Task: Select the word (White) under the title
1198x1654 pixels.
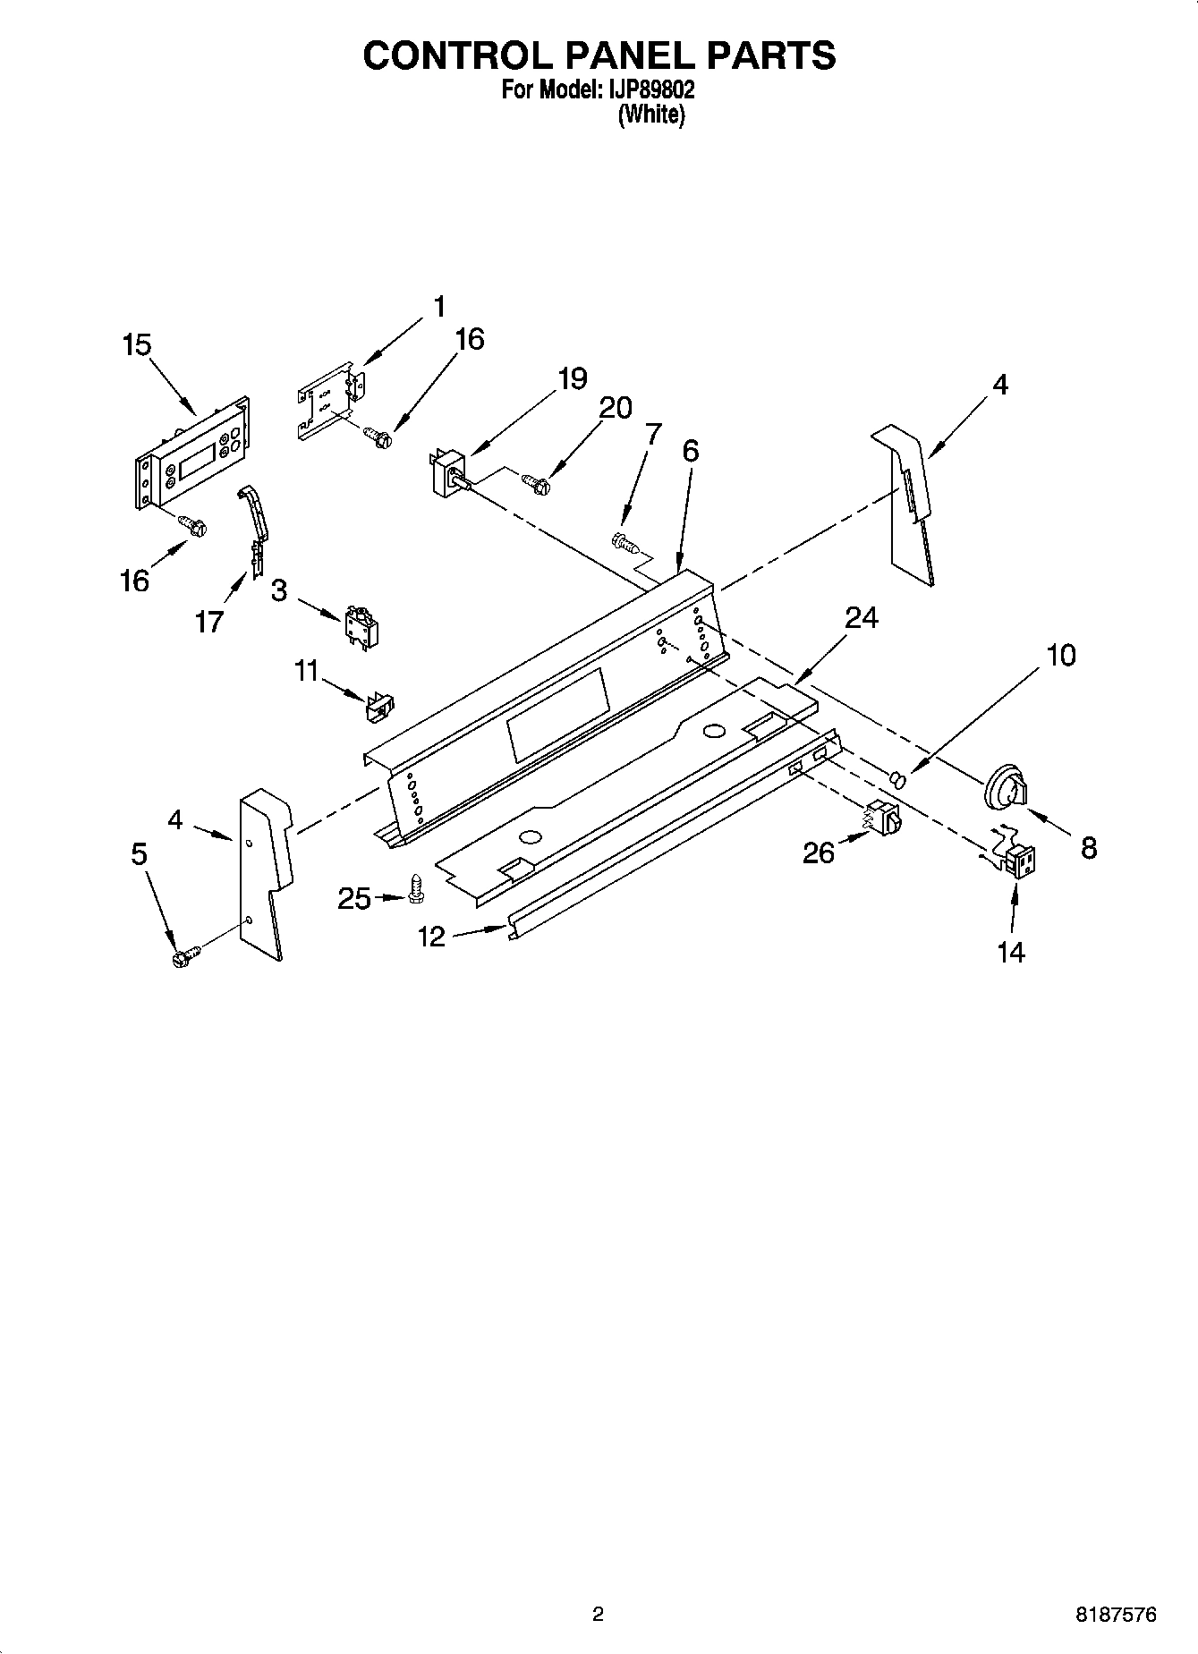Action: (651, 115)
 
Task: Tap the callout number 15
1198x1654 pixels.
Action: (137, 345)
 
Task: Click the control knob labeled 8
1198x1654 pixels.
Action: (1007, 786)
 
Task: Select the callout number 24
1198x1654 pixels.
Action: (862, 617)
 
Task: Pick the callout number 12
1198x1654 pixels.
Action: (431, 937)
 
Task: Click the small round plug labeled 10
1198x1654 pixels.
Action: (900, 781)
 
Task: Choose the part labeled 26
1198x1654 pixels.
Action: (886, 817)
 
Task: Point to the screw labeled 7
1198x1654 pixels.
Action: (623, 540)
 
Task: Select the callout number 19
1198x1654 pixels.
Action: (572, 378)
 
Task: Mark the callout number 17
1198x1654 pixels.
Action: (208, 622)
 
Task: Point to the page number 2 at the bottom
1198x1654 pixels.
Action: (598, 1615)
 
